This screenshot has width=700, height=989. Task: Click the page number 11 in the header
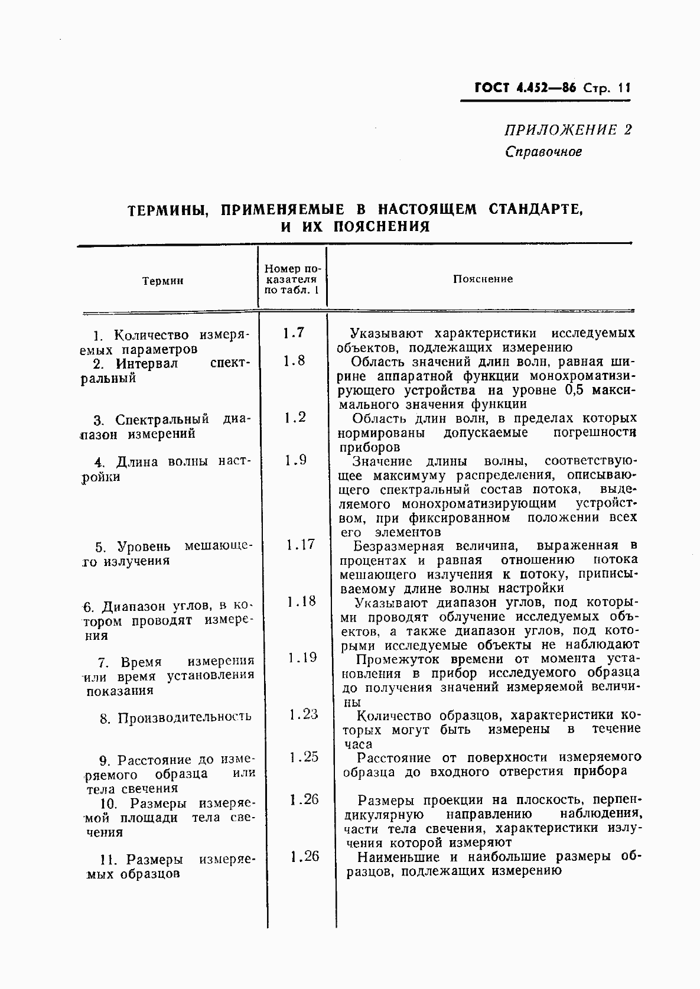point(624,88)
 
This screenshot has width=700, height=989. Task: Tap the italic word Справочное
point(543,151)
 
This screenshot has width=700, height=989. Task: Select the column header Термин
point(162,281)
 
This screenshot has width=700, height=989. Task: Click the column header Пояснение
point(483,279)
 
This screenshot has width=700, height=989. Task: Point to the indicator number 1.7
point(293,333)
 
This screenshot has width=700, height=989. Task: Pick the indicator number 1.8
point(294,361)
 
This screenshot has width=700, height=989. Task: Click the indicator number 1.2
point(294,418)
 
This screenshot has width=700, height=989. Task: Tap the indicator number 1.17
point(300,545)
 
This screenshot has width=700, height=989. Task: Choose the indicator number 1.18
point(301,601)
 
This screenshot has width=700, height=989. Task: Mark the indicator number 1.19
point(302,658)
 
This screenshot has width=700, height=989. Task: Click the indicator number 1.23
point(304,714)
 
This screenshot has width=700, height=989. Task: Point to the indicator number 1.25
point(304,757)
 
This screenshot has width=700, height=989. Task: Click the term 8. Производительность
point(176,718)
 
